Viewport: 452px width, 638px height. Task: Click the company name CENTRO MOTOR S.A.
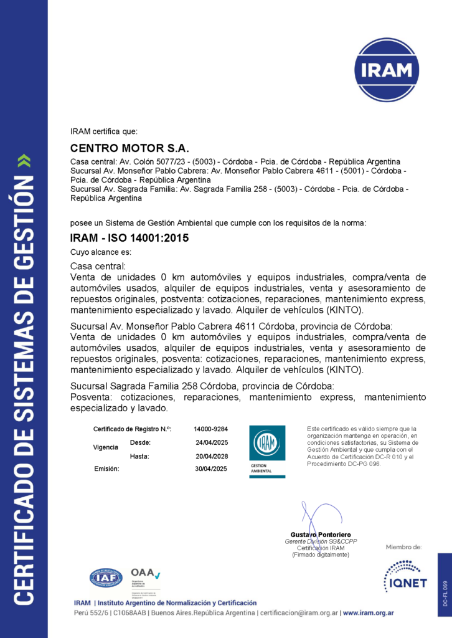[x=129, y=148]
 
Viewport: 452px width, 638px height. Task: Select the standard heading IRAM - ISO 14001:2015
[x=129, y=238]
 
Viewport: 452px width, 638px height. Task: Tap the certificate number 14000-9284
[x=210, y=429]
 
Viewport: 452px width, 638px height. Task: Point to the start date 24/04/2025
[x=212, y=443]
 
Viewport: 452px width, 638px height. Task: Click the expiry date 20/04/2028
[x=212, y=457]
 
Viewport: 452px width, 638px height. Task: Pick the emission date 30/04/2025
[x=212, y=469]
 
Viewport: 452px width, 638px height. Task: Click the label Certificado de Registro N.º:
[x=132, y=429]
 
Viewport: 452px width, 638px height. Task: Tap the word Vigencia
[x=105, y=447]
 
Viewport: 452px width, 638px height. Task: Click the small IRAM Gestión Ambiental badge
[x=267, y=452]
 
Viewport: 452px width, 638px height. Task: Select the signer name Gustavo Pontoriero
[x=321, y=535]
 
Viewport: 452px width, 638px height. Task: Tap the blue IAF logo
[x=106, y=579]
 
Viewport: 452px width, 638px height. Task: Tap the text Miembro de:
[x=403, y=547]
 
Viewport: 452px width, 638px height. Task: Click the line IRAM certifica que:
[x=104, y=131]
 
